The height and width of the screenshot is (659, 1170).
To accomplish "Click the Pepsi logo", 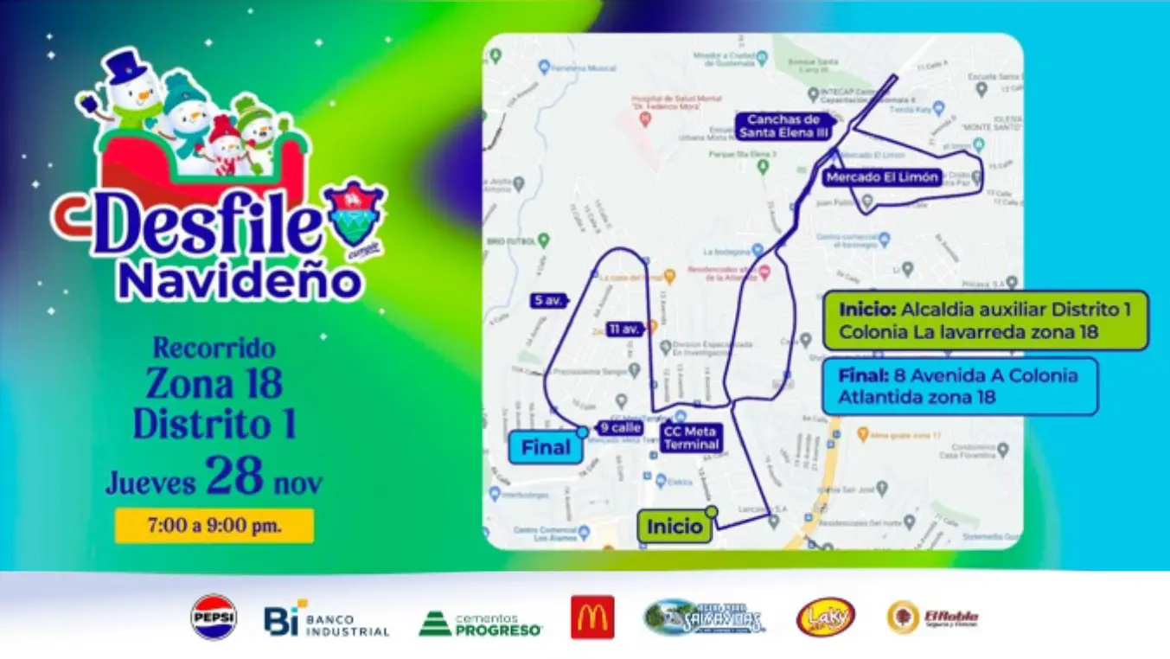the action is [214, 617].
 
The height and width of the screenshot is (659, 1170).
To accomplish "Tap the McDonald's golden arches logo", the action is [592, 617].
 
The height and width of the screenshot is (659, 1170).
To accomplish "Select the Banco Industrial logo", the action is [327, 619].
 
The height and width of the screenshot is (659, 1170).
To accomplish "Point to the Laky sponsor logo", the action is [826, 617].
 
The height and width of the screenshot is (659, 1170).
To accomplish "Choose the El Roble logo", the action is [933, 617].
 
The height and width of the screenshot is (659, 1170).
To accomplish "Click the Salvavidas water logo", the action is [705, 617].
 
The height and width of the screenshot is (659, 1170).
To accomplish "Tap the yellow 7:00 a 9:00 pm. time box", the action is [214, 526].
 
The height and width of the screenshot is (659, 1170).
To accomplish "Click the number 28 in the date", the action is [234, 476].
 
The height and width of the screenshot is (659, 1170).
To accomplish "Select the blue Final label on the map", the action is [546, 447].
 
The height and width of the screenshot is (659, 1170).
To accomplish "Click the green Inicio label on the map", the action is [675, 527].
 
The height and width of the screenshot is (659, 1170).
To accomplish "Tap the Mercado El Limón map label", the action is [882, 177].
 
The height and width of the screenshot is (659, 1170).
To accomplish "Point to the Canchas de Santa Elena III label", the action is [783, 126].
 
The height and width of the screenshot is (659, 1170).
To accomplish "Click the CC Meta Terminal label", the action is [691, 438].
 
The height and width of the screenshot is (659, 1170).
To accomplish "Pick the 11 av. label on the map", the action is [624, 329].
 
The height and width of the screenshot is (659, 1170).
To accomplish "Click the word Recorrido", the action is [214, 349].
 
